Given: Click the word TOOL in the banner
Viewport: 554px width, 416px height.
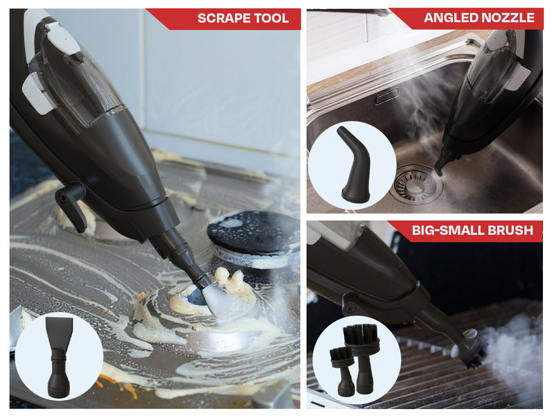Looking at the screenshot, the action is click(x=271, y=18).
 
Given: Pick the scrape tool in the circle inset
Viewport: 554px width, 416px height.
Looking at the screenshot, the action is click(x=59, y=357).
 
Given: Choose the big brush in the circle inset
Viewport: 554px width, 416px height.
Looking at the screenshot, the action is click(x=361, y=357).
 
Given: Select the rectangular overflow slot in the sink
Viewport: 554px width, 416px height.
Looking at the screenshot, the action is click(x=387, y=96).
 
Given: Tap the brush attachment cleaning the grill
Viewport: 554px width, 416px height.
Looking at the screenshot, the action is click(x=470, y=349).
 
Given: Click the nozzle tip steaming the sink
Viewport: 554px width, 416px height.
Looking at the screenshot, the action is click(x=439, y=171).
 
